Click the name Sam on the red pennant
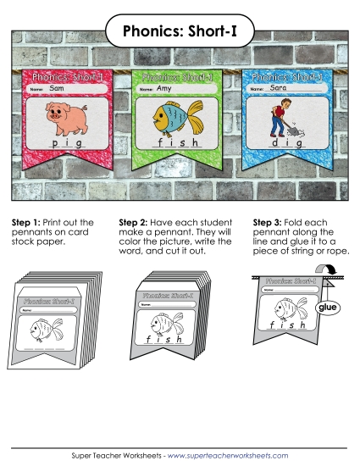(57, 87)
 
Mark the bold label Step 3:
(268, 223)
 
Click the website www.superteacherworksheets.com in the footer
(228, 455)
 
